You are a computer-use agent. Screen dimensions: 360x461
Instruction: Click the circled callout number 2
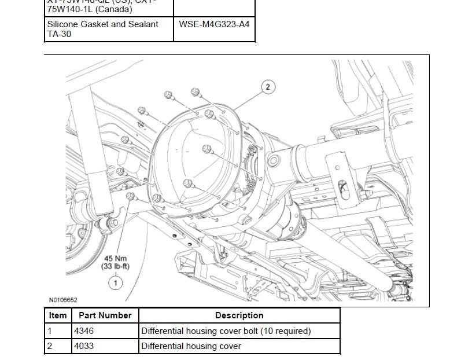pyautogui.click(x=268, y=87)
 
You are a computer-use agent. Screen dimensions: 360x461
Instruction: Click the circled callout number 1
pyautogui.click(x=116, y=282)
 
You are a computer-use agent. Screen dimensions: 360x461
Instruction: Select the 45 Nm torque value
pyautogui.click(x=116, y=258)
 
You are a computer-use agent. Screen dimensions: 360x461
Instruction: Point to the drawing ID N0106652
pyautogui.click(x=63, y=300)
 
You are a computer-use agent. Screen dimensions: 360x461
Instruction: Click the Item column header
pyautogui.click(x=58, y=315)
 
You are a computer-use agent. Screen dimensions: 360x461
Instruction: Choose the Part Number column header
pyautogui.click(x=105, y=315)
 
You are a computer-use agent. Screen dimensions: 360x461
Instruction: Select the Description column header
pyautogui.click(x=239, y=315)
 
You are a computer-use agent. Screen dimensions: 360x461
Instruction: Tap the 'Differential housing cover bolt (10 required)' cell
pyautogui.click(x=226, y=331)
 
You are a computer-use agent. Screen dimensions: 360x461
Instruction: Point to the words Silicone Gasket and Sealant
pyautogui.click(x=102, y=25)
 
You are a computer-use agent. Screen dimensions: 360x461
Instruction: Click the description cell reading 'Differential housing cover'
pyautogui.click(x=191, y=346)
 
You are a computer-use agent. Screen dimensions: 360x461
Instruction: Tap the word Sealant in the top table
pyautogui.click(x=142, y=25)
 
